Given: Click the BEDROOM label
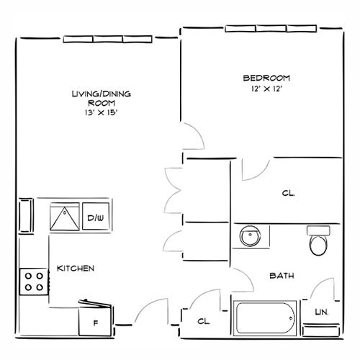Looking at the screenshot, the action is coord(266,78).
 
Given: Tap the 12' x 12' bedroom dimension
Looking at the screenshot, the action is coord(266,89).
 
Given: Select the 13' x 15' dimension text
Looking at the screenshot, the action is coord(101,112).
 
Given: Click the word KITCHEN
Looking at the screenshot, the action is coord(76,269).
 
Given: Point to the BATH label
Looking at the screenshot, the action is coord(282,276).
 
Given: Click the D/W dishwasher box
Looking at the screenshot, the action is coord(96,217).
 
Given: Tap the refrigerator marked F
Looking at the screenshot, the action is coord(96,318).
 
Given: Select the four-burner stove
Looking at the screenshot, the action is coord(34,282).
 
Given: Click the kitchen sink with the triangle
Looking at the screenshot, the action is coord(65,217).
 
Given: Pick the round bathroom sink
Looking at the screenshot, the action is coord(250,235).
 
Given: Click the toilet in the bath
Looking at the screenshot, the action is coord(318,240).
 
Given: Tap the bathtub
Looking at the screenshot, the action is coord(265,318).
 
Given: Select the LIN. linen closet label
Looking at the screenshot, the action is coord(322,312).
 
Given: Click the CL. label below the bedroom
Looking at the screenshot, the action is coord(288,193).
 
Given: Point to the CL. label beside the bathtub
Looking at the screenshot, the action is coord(204,321).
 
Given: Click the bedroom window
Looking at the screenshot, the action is coord(271,28).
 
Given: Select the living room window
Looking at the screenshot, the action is coord(107,39).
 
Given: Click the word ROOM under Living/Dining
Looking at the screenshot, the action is coord(102,103).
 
